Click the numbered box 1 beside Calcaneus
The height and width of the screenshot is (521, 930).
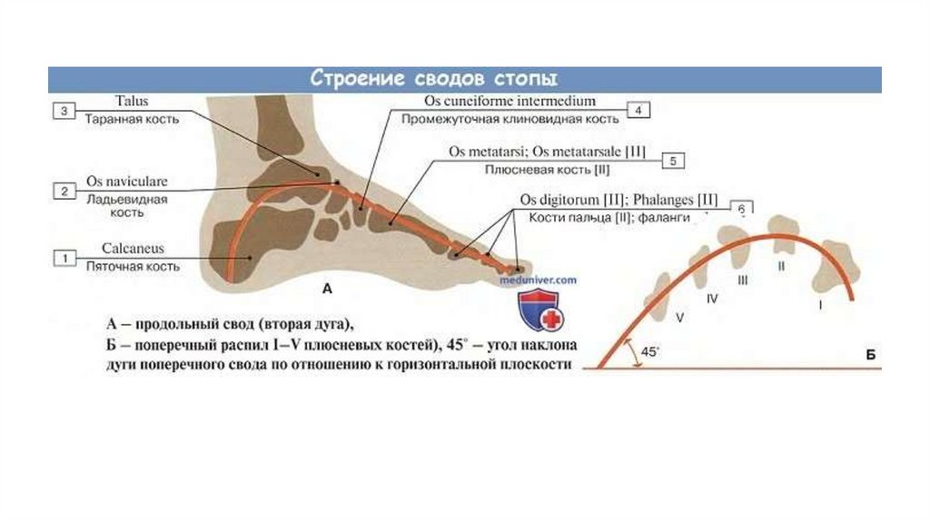(64, 259)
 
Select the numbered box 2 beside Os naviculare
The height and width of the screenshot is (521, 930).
(64, 191)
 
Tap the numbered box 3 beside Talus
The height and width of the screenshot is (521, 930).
(64, 111)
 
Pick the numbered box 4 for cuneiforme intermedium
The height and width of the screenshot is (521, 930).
(638, 111)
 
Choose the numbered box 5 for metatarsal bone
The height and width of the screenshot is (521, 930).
(673, 161)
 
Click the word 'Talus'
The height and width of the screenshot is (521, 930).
(132, 102)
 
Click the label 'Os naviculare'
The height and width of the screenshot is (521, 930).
(126, 181)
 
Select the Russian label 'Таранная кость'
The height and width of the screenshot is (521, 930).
(132, 119)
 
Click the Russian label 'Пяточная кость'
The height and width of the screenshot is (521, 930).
(132, 267)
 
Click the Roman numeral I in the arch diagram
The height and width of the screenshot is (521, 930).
(820, 306)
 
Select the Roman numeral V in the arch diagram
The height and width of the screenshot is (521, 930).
(679, 318)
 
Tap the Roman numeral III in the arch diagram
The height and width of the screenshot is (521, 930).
(743, 281)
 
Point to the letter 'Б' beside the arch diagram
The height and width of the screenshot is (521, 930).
(869, 355)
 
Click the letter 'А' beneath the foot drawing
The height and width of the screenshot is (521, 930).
(328, 290)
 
